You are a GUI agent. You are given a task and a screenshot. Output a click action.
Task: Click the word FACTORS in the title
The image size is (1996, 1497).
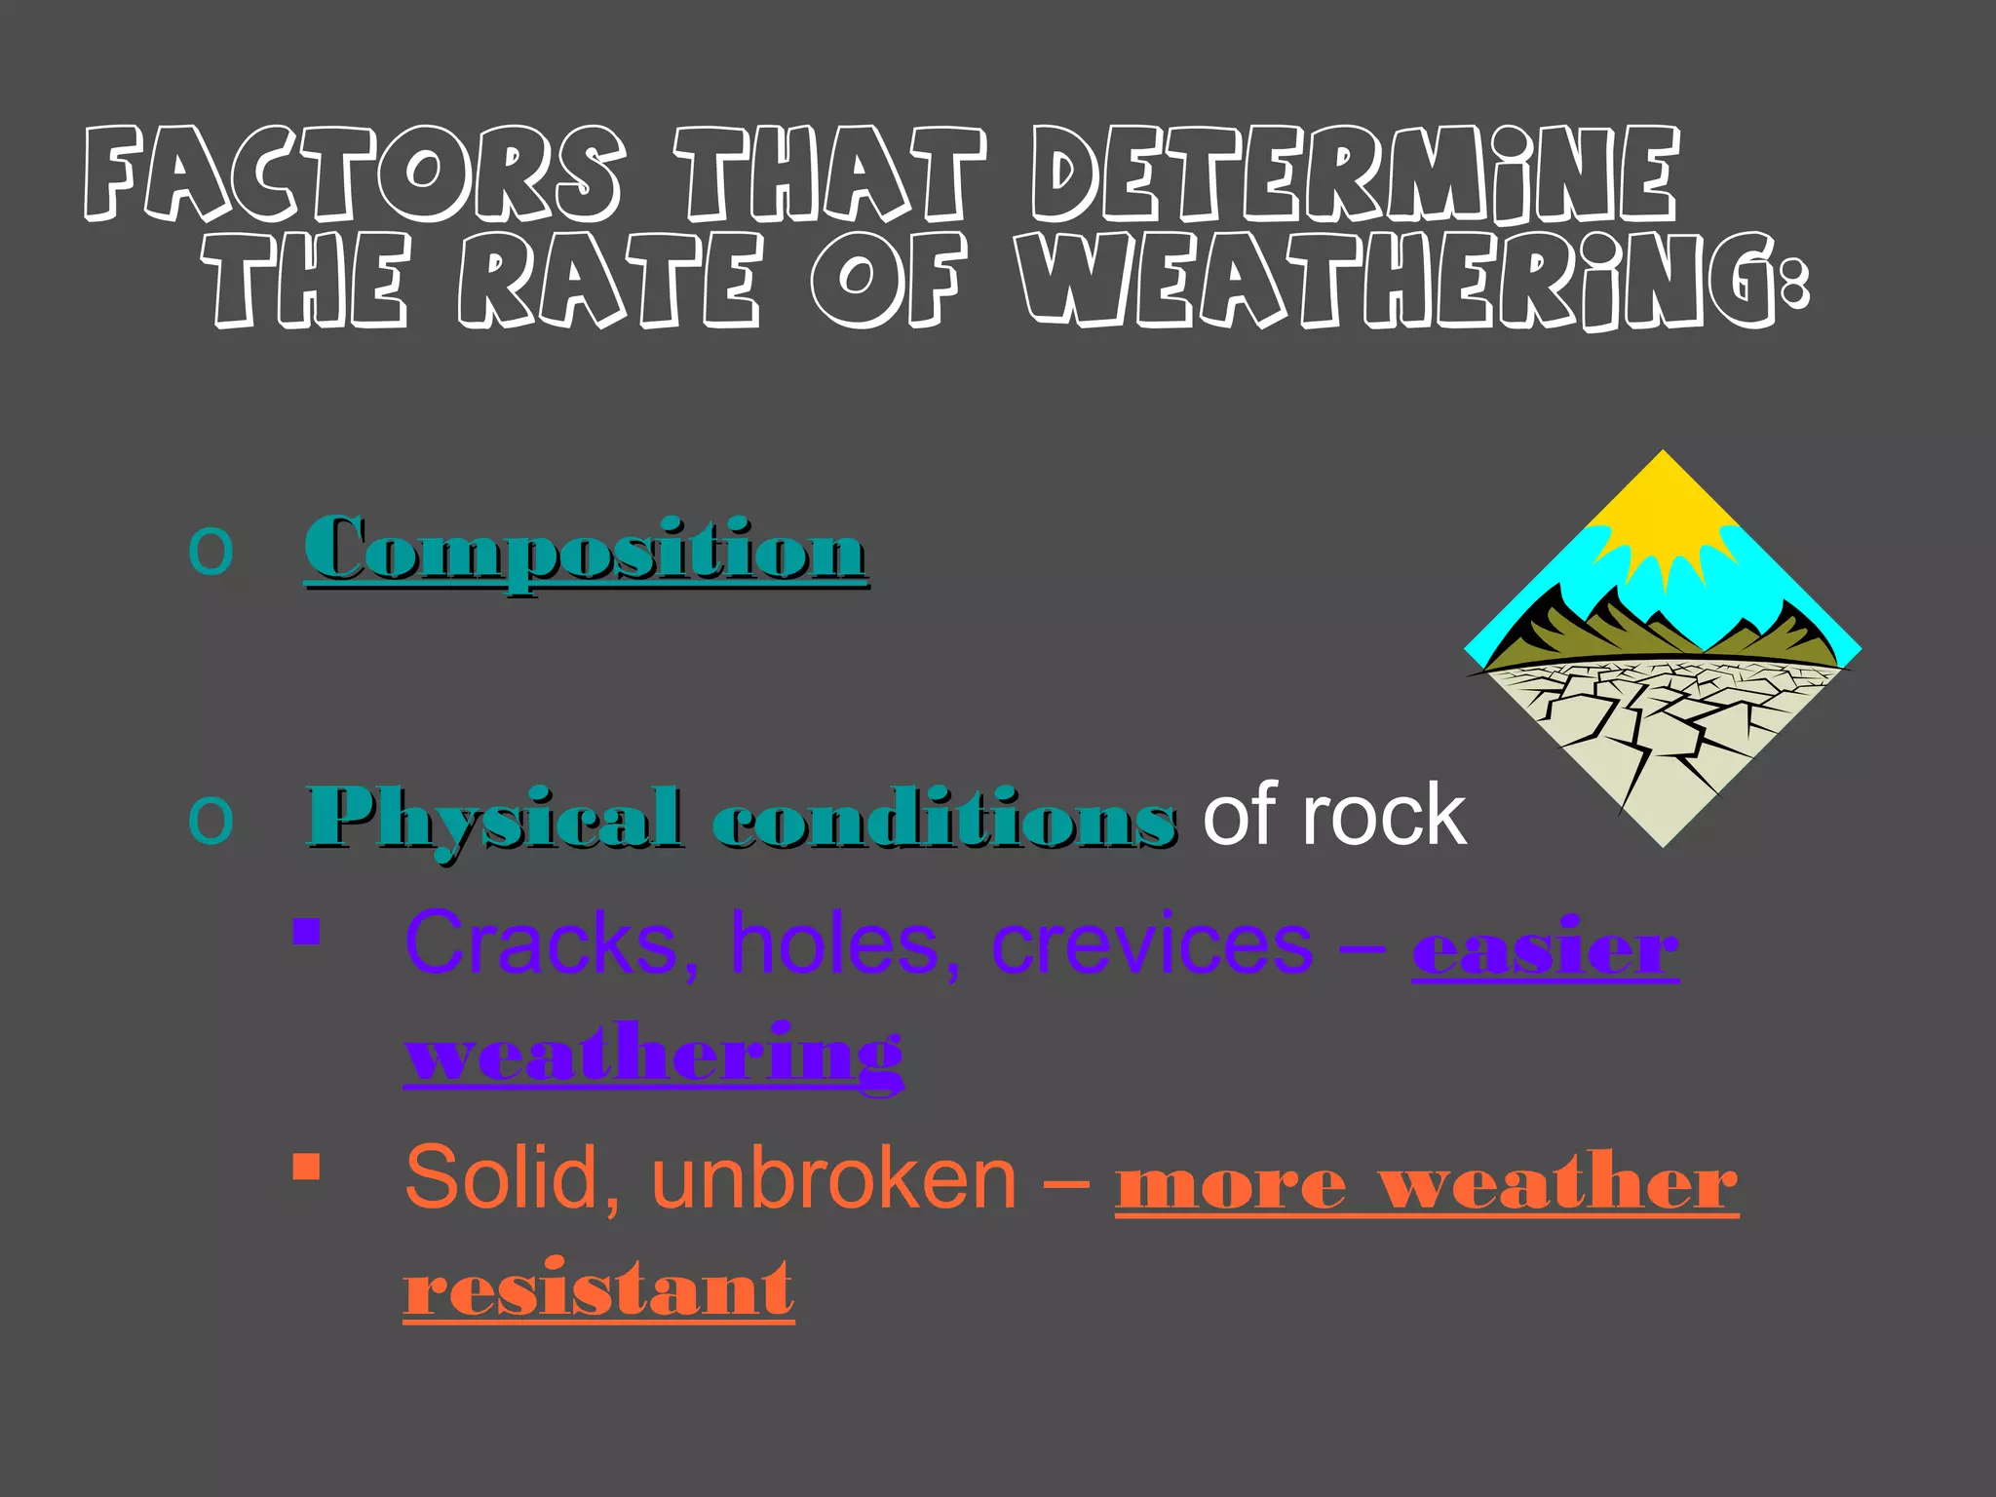point(353,173)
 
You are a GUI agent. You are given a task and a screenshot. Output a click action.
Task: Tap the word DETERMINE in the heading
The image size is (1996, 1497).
point(1355,173)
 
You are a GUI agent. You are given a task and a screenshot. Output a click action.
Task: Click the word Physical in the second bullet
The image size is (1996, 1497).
point(495,817)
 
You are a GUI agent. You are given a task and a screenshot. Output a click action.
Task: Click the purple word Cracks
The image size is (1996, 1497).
point(541,943)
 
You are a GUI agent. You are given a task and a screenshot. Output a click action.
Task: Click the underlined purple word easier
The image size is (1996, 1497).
point(1545,947)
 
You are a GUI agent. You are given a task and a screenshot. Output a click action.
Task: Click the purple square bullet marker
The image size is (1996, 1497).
point(306,932)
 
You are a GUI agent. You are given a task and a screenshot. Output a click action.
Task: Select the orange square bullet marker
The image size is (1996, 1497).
point(306,1167)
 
